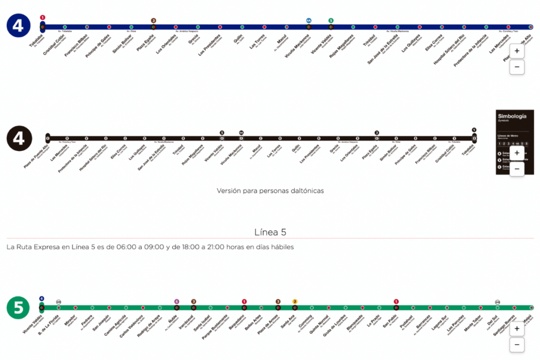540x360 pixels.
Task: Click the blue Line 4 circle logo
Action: (18, 26)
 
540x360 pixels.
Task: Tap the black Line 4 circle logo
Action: (19, 138)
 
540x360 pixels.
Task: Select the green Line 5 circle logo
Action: (18, 308)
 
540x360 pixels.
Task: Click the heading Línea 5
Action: (270, 232)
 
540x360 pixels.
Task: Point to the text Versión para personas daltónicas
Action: (270, 190)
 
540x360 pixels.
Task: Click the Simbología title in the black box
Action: (512, 116)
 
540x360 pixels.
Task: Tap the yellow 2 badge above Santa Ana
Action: (295, 301)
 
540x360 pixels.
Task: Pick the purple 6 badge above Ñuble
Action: (177, 301)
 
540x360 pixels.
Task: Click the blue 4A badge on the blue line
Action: (308, 21)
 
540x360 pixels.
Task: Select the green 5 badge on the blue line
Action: (331, 21)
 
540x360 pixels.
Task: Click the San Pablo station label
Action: (389, 322)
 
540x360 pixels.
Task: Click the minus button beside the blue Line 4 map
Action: (517, 67)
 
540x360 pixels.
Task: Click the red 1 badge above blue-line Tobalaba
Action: (43, 17)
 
